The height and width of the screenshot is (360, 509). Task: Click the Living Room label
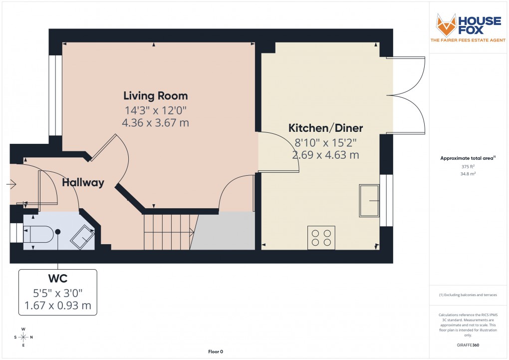coord(156,95)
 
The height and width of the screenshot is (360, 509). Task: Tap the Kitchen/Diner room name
coord(325,128)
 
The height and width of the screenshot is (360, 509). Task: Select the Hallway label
coord(83,183)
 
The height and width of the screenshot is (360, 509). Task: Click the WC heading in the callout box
coord(58,278)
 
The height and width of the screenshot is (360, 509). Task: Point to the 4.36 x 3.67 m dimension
coord(156,122)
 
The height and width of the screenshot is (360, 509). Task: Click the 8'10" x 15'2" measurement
coord(325,142)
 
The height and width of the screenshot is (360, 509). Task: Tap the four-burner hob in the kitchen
coord(321,237)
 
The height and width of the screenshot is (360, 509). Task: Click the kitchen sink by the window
coord(369,201)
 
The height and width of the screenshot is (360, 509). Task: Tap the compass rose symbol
coord(23,337)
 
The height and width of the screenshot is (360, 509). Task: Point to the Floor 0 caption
coord(216,352)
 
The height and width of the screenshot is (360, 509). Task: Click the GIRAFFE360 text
coord(468,345)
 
